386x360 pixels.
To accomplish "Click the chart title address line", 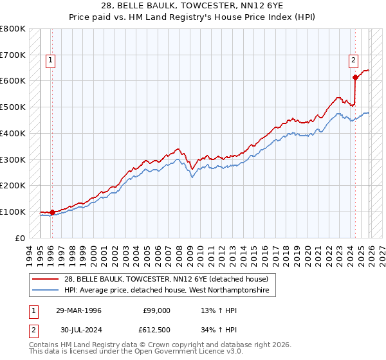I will (193, 5).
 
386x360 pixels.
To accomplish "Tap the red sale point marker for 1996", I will (51, 212).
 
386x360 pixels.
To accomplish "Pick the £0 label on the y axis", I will (19, 238).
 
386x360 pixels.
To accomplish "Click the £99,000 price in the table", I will (156, 310).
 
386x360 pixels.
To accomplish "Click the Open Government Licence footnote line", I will (133, 353).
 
